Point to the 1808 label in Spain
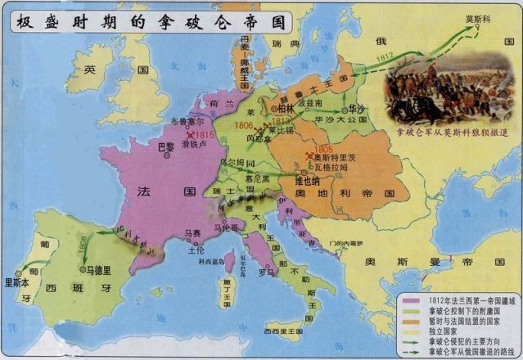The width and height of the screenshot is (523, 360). [x=83, y=243]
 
